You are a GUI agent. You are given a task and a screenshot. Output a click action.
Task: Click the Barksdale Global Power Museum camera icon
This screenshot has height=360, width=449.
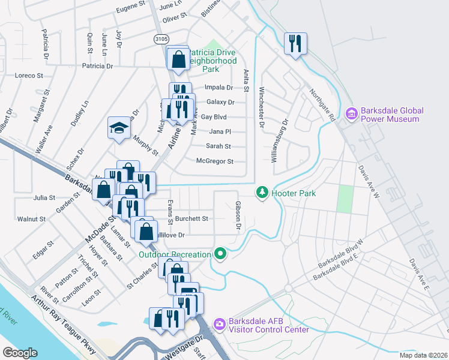coord(352,113)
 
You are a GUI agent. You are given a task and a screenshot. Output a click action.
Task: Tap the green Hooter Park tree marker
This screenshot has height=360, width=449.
coord(262,193)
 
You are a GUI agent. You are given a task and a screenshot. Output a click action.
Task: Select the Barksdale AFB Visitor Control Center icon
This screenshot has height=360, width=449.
coord(219,324)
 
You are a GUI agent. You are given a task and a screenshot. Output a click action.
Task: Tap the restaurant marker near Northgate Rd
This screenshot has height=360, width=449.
coord(295,43)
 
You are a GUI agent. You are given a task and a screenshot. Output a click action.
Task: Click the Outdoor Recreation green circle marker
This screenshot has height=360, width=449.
coord(220,254)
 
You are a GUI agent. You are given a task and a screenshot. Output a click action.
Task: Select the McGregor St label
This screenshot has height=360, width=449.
coord(214,161)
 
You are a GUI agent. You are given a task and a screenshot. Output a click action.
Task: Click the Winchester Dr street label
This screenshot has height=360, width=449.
coord(262,108)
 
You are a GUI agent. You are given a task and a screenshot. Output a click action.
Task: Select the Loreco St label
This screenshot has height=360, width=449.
coord(29,76)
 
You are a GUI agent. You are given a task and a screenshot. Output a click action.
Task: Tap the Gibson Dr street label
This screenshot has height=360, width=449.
coord(238,215)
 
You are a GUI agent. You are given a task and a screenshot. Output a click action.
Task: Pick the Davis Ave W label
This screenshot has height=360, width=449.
coord(368,181)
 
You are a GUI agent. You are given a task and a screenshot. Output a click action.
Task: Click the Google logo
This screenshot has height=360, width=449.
coord(20,352)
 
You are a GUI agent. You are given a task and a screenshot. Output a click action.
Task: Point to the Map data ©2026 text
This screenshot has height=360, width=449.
coord(423,355)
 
